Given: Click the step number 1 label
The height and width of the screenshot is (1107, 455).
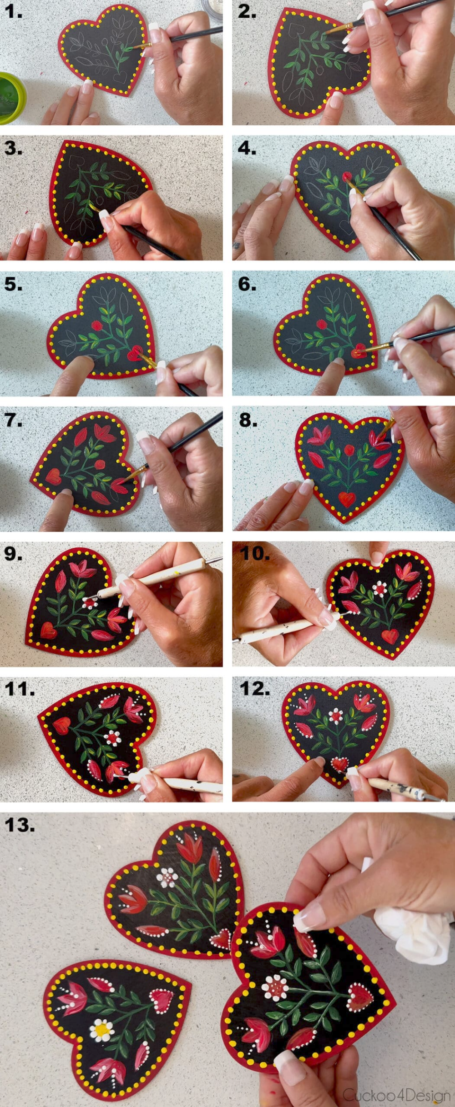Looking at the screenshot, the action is click(x=14, y=12).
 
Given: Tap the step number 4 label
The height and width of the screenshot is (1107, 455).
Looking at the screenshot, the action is click(x=247, y=148).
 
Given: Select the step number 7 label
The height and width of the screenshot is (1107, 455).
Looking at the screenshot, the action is click(x=14, y=420).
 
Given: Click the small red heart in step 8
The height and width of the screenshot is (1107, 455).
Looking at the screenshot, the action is click(x=347, y=499).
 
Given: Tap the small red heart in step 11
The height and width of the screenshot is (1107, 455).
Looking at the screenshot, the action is click(x=62, y=726).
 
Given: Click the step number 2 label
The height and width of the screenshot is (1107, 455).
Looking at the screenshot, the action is click(x=247, y=12).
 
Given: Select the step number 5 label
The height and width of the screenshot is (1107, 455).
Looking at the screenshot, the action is click(x=14, y=284).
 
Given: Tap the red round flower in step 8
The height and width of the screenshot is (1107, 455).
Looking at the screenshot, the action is click(x=349, y=450).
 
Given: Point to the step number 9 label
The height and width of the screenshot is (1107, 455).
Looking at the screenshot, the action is click(x=14, y=554).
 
